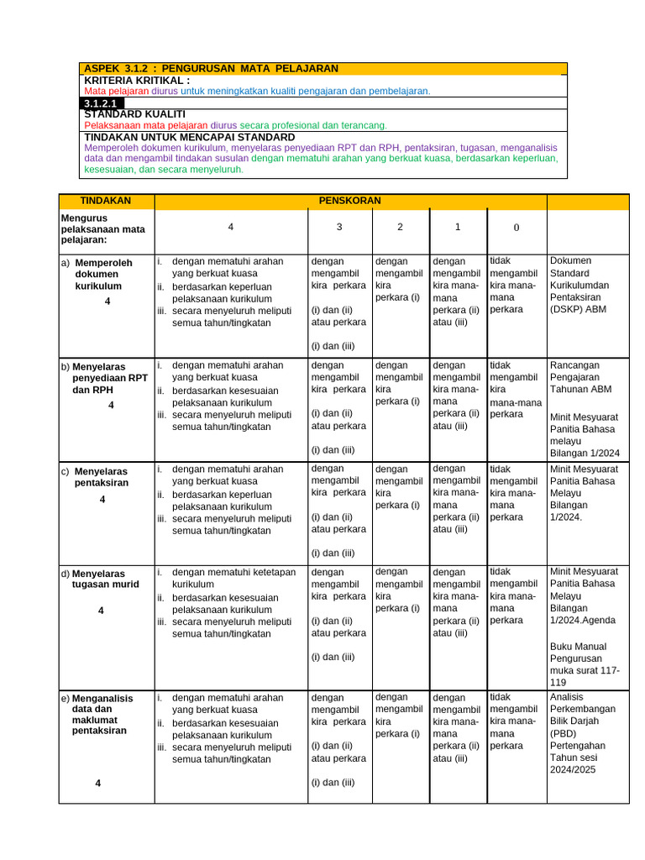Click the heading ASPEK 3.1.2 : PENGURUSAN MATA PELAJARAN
point(211,68)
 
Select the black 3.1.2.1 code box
point(102,103)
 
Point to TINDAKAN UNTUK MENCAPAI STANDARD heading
point(190,137)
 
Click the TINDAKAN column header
point(106,202)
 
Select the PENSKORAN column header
point(349,202)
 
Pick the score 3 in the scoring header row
point(338,228)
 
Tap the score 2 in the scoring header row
point(400,228)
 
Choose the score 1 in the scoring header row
point(457,228)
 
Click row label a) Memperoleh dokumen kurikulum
point(102,274)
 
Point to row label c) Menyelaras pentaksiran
point(100,476)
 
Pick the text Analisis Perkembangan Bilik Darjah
point(582,714)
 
